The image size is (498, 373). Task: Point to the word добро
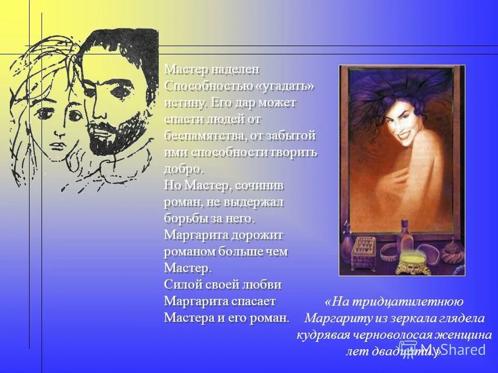coord(184,169)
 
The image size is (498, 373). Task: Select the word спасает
coord(254,302)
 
